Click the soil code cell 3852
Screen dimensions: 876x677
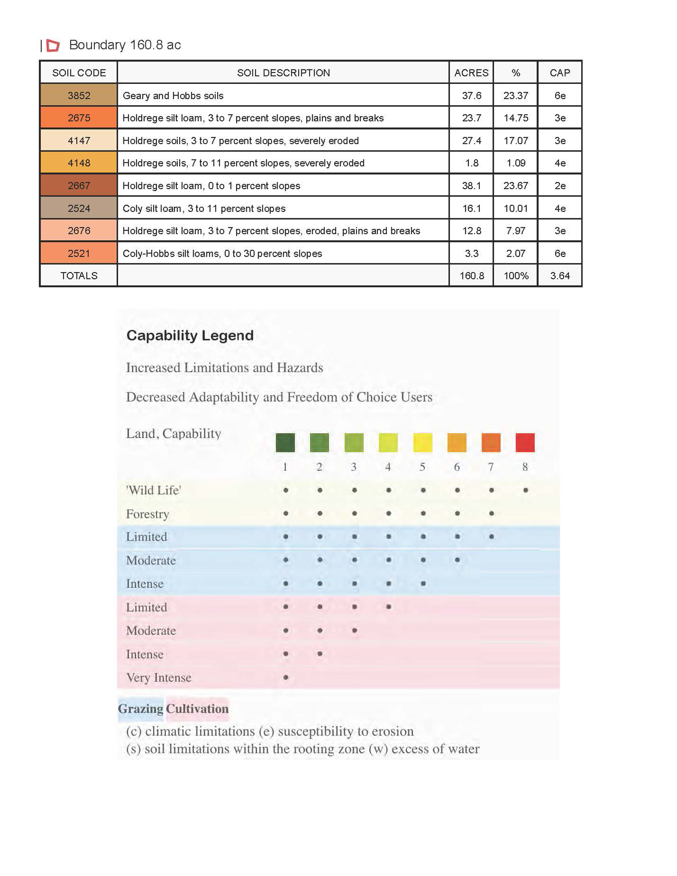point(79,95)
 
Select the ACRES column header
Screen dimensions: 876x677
point(471,73)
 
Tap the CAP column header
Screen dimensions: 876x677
point(560,73)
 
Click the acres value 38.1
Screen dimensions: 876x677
point(471,185)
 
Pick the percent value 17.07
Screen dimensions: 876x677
point(515,140)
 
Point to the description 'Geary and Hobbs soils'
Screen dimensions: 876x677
point(173,95)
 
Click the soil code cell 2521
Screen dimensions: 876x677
point(79,253)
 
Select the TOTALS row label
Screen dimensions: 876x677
point(79,276)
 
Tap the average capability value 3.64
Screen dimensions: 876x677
point(560,276)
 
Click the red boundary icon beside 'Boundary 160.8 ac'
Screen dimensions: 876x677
point(53,45)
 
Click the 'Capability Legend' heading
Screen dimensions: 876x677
point(190,335)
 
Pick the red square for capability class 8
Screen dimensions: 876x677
point(525,442)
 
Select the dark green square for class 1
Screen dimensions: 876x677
point(285,442)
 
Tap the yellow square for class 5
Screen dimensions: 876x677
point(422,442)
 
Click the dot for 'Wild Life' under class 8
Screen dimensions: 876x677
point(525,490)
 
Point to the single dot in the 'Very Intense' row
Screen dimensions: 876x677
point(286,677)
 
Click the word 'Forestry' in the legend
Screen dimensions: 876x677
point(148,514)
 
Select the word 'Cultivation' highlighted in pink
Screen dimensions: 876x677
point(197,709)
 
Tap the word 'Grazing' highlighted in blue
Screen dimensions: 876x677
point(140,709)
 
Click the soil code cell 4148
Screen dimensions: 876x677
point(79,163)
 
